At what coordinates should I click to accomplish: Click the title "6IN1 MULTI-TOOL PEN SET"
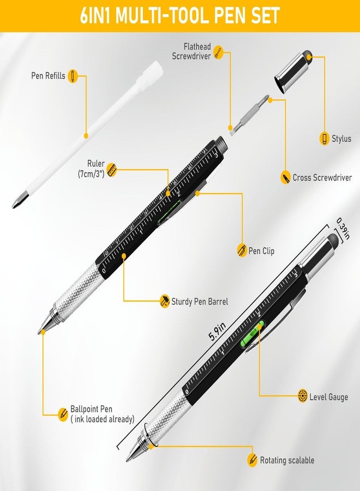tap(179, 16)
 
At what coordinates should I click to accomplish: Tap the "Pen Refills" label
tap(48, 76)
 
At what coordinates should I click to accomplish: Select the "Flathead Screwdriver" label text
tap(191, 51)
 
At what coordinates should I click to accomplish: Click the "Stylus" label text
tap(341, 139)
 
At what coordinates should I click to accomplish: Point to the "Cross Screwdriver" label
tap(322, 177)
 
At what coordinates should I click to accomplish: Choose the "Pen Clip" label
tap(261, 251)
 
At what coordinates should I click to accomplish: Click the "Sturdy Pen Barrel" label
tap(200, 302)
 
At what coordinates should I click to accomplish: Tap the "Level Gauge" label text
tap(329, 397)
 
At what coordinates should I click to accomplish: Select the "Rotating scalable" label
tap(287, 460)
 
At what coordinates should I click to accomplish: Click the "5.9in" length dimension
tap(217, 331)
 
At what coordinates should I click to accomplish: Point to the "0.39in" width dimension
tap(343, 229)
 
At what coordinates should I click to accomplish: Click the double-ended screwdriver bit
tap(249, 115)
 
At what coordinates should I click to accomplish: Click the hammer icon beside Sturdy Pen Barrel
tap(164, 301)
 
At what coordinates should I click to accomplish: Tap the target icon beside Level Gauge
tap(303, 396)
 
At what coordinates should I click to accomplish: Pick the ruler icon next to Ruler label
tap(111, 170)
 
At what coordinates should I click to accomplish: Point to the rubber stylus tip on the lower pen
tap(333, 239)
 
